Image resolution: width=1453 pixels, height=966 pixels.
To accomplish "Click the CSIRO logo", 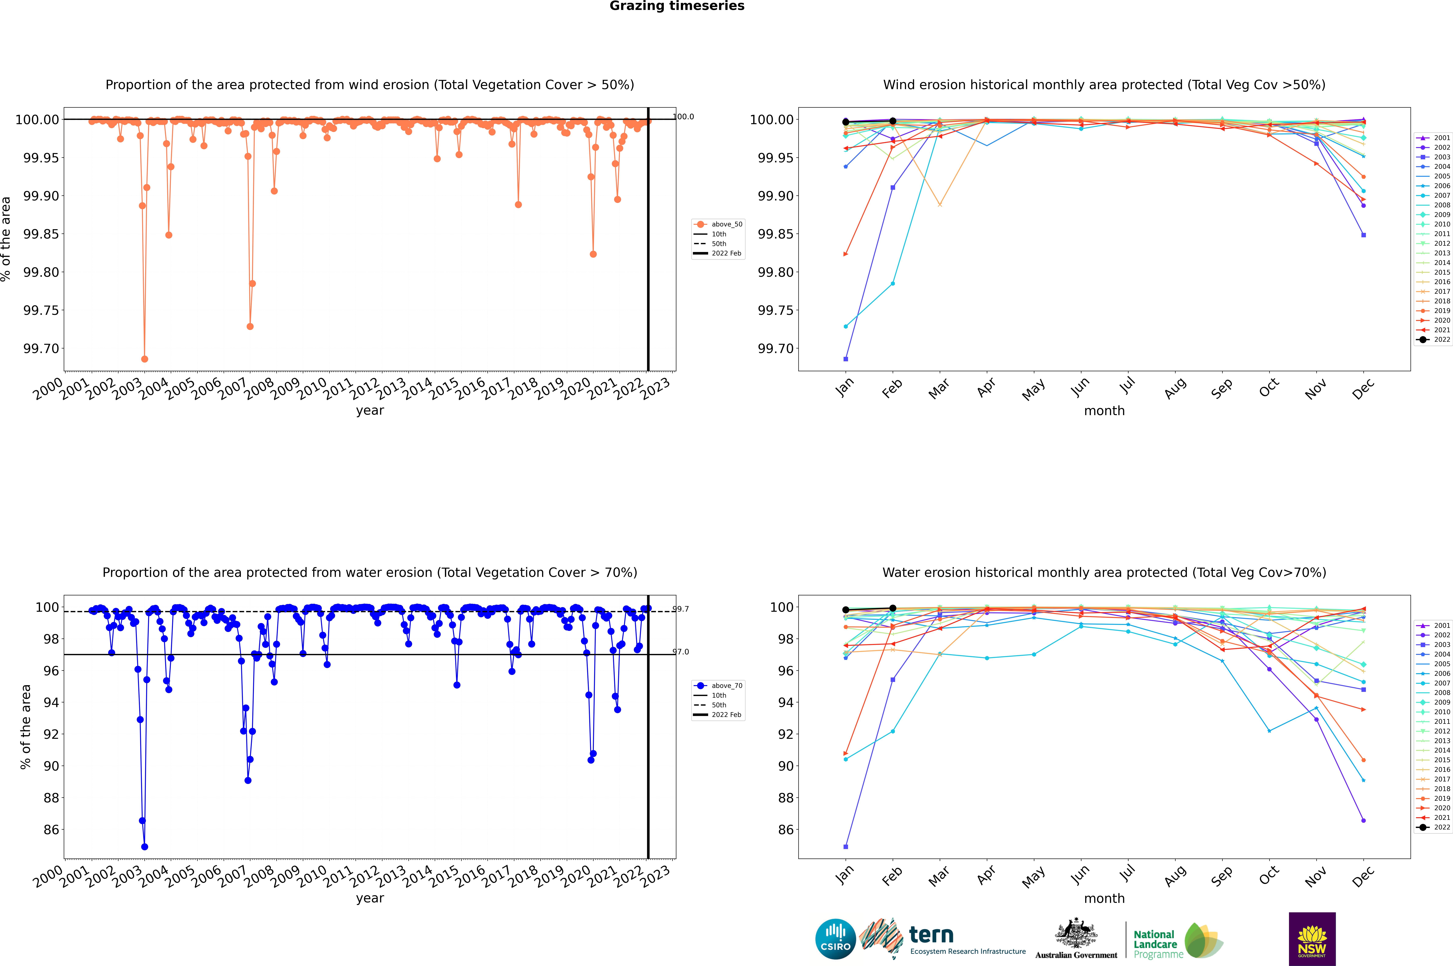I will coord(835,939).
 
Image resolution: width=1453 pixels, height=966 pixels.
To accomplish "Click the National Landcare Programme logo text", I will coord(1156,944).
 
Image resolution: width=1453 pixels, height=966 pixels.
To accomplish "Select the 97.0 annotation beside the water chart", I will coord(681,652).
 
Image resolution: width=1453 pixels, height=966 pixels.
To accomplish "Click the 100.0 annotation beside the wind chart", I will coord(683,117).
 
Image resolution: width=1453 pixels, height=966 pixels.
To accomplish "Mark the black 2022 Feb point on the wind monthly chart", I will coord(892,121).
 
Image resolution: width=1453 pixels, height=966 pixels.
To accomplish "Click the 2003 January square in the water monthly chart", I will coord(846,846).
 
